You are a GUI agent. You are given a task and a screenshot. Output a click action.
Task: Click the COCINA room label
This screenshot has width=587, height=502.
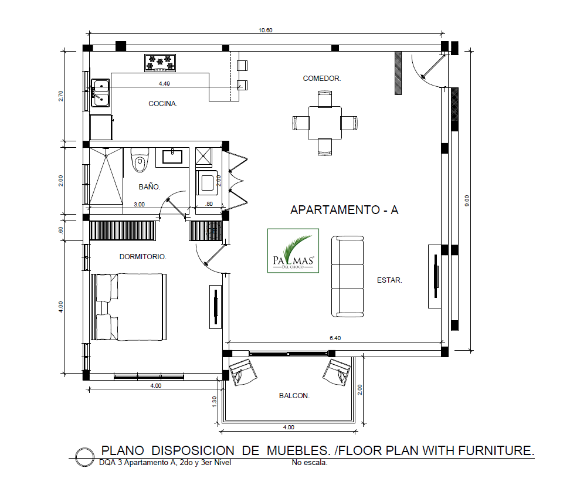[x=163, y=104]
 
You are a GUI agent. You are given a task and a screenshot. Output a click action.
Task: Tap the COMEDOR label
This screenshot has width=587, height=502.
[x=322, y=79]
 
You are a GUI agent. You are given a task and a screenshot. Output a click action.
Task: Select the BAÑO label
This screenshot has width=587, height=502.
[x=150, y=187]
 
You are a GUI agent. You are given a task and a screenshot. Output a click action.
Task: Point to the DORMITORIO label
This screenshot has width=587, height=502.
[x=142, y=257]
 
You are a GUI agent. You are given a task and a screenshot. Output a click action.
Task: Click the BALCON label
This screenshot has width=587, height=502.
[x=294, y=396]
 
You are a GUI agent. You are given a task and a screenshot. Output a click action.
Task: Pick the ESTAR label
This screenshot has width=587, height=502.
[x=389, y=280]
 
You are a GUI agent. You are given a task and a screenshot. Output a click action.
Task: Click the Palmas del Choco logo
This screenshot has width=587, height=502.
[x=293, y=251]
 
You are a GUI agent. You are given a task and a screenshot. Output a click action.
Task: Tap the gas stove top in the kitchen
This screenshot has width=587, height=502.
[x=160, y=63]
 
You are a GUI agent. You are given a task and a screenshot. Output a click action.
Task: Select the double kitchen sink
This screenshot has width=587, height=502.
[x=100, y=93]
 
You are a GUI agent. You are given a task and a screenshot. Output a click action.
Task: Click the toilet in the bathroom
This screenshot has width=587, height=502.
[x=140, y=160]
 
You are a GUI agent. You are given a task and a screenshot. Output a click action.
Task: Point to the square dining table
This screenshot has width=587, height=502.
[x=325, y=123]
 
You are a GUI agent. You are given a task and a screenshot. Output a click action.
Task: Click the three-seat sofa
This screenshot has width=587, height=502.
[x=347, y=276]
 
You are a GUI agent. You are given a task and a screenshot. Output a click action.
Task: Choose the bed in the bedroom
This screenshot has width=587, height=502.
[x=129, y=307]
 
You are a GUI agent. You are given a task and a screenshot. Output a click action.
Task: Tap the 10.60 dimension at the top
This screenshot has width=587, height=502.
[x=266, y=30]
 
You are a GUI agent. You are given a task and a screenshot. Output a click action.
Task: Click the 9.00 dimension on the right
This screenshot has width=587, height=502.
[x=466, y=201]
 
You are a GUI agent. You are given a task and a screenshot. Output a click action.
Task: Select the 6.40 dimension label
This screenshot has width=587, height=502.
[x=335, y=338]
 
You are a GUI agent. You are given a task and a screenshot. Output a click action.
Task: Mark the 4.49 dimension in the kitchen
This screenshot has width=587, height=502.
[x=164, y=83]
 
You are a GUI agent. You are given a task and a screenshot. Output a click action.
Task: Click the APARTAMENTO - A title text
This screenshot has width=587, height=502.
[x=344, y=210]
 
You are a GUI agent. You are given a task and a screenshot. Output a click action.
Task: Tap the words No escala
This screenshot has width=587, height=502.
[x=310, y=463]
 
